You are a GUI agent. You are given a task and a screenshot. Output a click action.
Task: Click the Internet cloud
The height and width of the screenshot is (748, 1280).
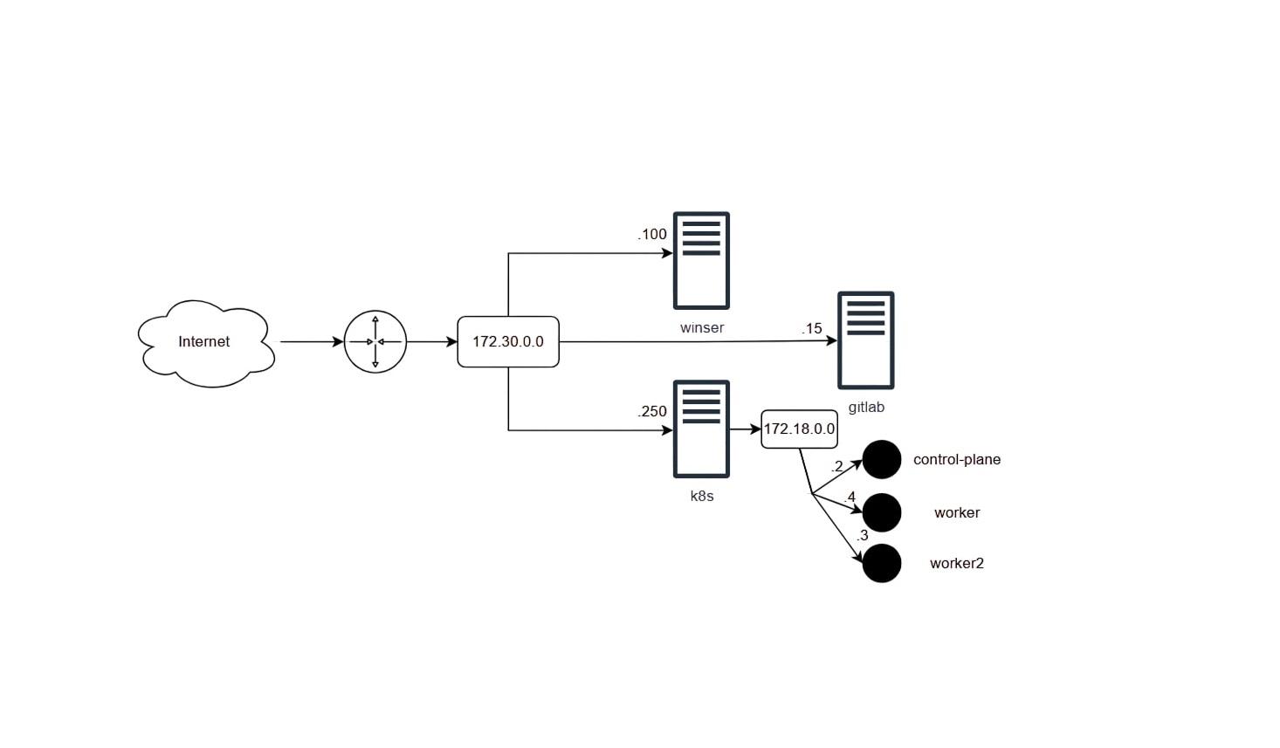pyautogui.click(x=206, y=343)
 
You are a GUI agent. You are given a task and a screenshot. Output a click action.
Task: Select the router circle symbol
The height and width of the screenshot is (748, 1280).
pyautogui.click(x=375, y=342)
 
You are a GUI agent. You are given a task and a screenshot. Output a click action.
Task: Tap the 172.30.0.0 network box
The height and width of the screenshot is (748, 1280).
pyautogui.click(x=508, y=342)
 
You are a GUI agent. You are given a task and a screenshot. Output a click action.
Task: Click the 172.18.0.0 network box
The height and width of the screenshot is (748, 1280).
pyautogui.click(x=800, y=429)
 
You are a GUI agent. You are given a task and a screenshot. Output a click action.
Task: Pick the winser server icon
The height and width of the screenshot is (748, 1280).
pyautogui.click(x=701, y=261)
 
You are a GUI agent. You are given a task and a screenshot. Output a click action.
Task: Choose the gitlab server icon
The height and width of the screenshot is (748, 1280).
pyautogui.click(x=866, y=340)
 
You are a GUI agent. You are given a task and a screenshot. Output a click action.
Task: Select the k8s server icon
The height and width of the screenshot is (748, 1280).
pyautogui.click(x=701, y=429)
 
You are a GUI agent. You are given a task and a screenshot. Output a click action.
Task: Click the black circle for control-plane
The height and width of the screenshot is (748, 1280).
pyautogui.click(x=882, y=459)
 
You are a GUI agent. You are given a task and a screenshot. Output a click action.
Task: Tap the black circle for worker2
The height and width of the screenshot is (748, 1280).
pyautogui.click(x=882, y=564)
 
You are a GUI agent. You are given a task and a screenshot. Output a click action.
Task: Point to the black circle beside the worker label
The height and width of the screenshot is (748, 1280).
pyautogui.click(x=882, y=512)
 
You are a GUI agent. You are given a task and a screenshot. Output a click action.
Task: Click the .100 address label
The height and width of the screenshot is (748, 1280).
pyautogui.click(x=652, y=234)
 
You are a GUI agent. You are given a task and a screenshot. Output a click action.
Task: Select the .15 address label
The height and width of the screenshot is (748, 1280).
pyautogui.click(x=811, y=328)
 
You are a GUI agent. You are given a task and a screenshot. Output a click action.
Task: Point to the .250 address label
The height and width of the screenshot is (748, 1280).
pyautogui.click(x=652, y=411)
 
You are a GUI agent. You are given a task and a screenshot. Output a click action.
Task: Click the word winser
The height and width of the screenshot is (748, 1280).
pyautogui.click(x=702, y=328)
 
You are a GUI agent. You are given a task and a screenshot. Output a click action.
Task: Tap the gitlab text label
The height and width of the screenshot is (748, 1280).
pyautogui.click(x=866, y=408)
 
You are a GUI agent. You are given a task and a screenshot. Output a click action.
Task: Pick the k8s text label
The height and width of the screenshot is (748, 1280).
pyautogui.click(x=702, y=496)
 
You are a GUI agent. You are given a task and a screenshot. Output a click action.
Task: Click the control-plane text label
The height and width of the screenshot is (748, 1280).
pyautogui.click(x=957, y=459)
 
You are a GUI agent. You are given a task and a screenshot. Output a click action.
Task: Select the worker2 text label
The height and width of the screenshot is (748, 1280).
pyautogui.click(x=957, y=564)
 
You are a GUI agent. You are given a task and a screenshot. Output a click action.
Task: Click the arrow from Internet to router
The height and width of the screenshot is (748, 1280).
pyautogui.click(x=312, y=342)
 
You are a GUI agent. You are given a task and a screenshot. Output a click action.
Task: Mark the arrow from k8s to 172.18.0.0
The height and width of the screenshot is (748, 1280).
pyautogui.click(x=745, y=429)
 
